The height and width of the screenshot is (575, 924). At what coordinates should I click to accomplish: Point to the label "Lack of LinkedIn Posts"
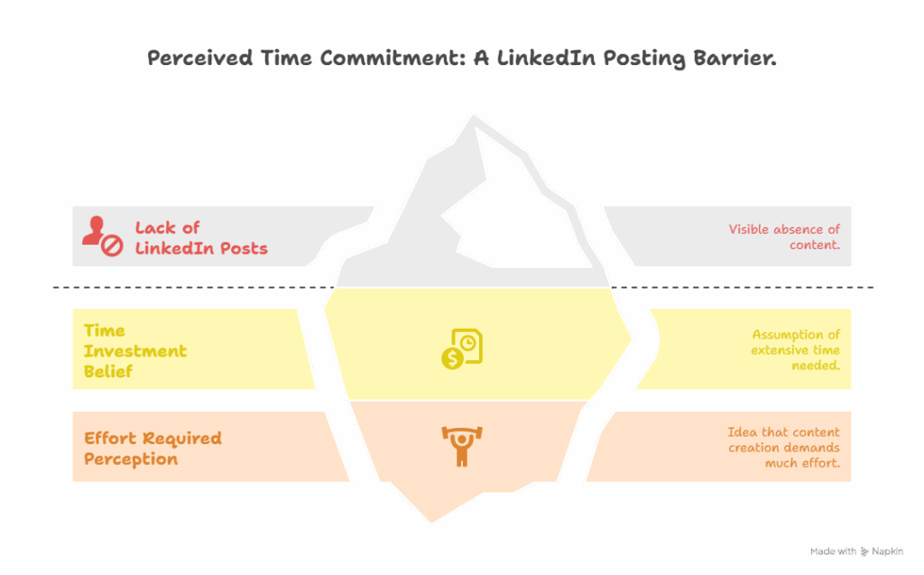tap(201, 237)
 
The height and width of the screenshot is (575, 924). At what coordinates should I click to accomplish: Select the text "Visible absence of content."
tap(784, 237)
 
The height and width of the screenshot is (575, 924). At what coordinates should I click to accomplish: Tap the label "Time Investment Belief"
tap(135, 350)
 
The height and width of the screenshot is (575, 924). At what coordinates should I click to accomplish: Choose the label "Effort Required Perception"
tap(152, 449)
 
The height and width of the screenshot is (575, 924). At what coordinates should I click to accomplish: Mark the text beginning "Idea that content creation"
tap(783, 448)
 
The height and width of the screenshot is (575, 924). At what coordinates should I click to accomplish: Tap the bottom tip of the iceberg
tap(431, 521)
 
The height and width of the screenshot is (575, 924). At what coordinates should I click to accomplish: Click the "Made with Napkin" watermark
tap(856, 551)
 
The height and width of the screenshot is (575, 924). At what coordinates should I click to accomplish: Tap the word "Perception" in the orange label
tap(131, 459)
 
